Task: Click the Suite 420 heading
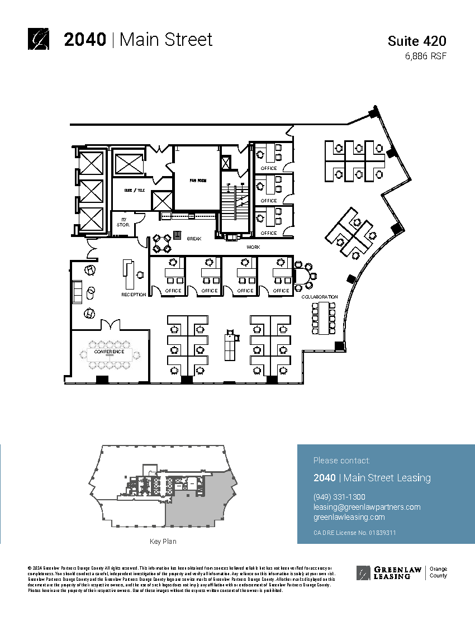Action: pos(417,41)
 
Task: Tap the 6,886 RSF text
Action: pos(426,56)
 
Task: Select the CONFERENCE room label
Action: pos(109,352)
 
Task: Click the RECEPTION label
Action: pos(134,295)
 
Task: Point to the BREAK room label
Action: pos(194,239)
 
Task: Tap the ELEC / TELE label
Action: pos(134,190)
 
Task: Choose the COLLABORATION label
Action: pos(320,297)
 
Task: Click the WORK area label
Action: pos(254,246)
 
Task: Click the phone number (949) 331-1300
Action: pos(339,497)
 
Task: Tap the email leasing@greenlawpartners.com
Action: pos(367,507)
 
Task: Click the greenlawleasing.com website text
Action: pos(349,517)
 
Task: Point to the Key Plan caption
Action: pos(163,542)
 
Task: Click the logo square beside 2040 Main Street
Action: pos(39,39)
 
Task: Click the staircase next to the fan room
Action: pos(235,207)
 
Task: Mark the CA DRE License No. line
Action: pos(355,533)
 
